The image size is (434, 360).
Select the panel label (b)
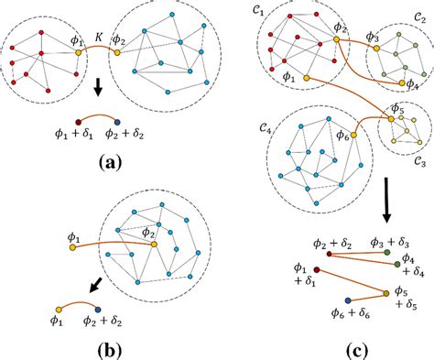point(110,347)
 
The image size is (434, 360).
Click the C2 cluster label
point(419,39)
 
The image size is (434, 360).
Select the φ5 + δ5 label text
point(413,299)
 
